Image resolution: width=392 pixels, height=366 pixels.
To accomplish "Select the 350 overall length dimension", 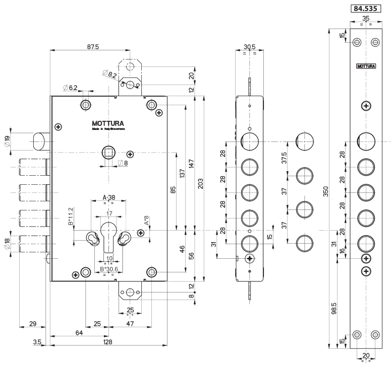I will [x=326, y=191].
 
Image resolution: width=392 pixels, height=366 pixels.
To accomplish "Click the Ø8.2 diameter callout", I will [x=109, y=74].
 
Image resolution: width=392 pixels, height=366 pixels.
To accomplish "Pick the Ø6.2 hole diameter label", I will [x=71, y=88].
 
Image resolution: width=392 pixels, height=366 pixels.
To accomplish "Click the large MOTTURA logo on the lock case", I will [x=108, y=123].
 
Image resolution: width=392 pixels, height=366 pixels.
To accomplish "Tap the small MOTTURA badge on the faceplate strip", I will [x=366, y=66].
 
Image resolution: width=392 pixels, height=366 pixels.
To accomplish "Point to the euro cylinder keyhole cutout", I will [x=108, y=237].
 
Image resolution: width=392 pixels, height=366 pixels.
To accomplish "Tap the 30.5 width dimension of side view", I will [x=249, y=47].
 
